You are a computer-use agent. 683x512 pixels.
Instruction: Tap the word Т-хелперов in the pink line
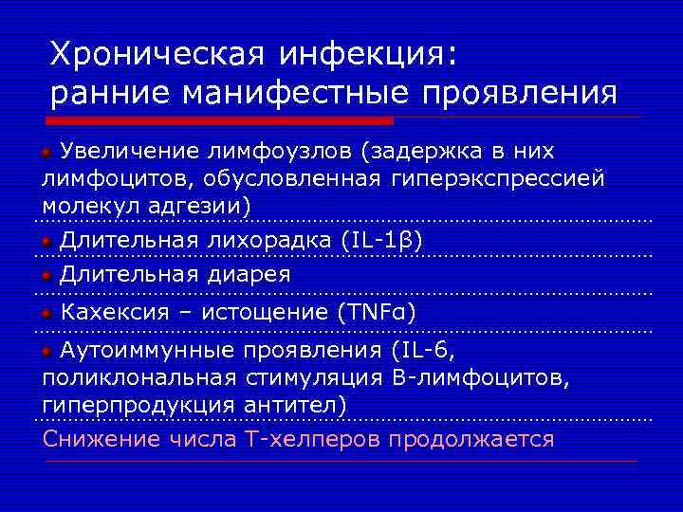[x=314, y=439]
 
